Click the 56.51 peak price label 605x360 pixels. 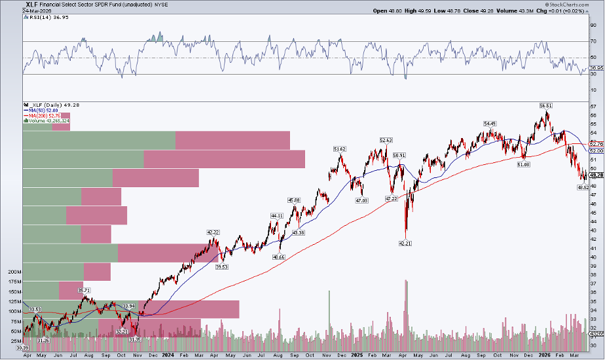click(545, 105)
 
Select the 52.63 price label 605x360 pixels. click(386, 139)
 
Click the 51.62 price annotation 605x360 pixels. click(339, 149)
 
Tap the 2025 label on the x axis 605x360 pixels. click(357, 356)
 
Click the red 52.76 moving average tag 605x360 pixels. click(596, 143)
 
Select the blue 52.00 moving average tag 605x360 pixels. click(596, 151)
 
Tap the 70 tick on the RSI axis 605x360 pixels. click(592, 41)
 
